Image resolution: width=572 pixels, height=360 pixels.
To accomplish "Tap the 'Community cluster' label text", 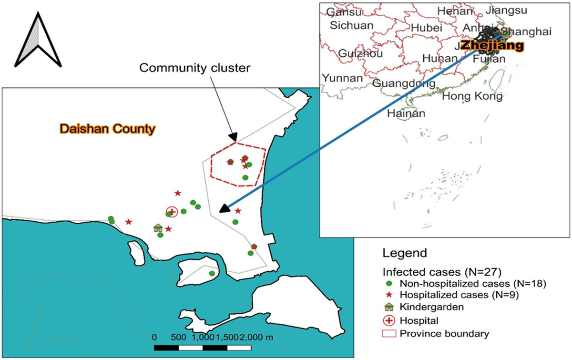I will click(194, 68).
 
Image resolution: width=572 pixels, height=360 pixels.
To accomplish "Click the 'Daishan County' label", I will click(107, 128).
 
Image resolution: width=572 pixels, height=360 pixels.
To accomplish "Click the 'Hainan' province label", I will click(406, 113).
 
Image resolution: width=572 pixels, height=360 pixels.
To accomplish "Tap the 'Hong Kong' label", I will click(472, 97).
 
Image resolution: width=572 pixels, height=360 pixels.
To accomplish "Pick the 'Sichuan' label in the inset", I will click(352, 25).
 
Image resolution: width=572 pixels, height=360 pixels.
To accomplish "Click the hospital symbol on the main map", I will click(172, 212).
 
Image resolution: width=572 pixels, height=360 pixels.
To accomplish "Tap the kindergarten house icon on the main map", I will click(158, 228).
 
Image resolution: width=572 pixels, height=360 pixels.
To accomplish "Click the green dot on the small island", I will click(212, 273).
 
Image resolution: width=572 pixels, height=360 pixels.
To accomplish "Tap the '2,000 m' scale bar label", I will click(257, 337).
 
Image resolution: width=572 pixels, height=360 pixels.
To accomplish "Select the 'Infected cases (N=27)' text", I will click(441, 272).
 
